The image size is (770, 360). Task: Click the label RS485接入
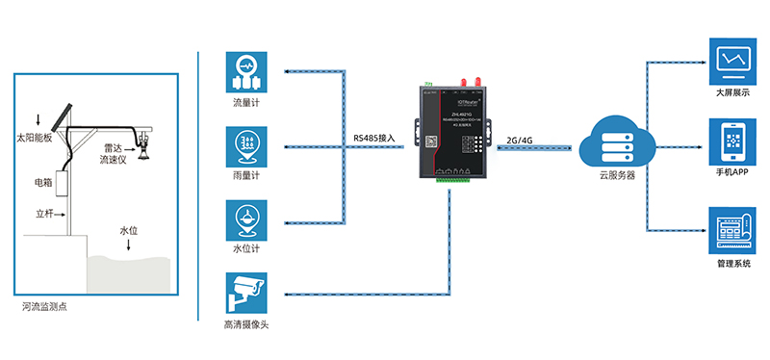pos(374,139)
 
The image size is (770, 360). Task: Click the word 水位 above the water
pos(130,231)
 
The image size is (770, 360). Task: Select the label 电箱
pos(43,182)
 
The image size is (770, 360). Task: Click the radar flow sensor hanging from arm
pos(145,144)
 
